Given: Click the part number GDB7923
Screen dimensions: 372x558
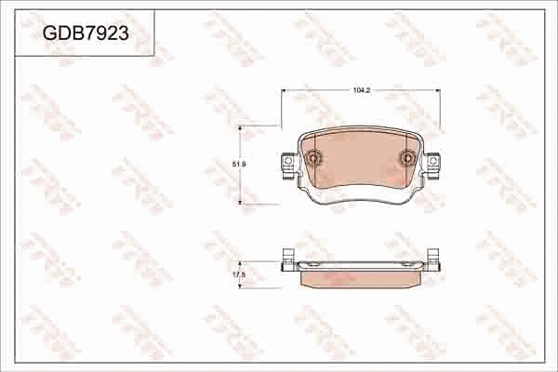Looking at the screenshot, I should point(85,34).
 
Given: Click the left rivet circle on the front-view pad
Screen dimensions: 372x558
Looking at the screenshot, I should point(313,158).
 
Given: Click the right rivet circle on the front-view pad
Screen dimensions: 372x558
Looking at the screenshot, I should point(407,158).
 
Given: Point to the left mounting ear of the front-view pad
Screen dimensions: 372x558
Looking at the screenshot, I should point(286,165).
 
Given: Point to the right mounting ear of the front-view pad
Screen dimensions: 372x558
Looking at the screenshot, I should point(433,165).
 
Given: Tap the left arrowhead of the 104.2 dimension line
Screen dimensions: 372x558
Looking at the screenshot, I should point(285,91).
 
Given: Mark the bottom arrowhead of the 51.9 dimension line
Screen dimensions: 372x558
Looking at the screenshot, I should point(245,202).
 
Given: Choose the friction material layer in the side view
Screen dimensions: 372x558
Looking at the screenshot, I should point(360,274).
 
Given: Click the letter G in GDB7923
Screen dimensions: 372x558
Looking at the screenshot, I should point(47,34).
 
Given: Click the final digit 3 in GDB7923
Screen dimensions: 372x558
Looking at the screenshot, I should point(122,34).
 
